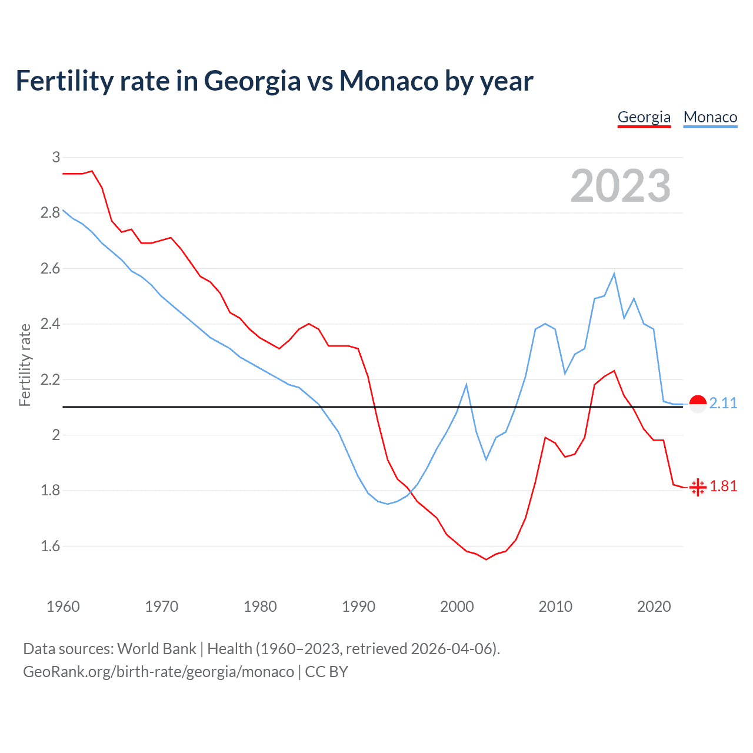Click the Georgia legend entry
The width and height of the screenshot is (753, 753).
pos(644,117)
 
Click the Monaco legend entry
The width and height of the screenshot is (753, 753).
pos(710,117)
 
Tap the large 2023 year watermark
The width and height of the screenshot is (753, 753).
pos(620,186)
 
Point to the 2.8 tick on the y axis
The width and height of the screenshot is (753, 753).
pos(51,212)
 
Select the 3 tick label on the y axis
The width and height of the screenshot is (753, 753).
pos(56,157)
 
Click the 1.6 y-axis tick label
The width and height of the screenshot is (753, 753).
pos(51,546)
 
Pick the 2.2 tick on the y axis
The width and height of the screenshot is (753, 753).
pos(51,379)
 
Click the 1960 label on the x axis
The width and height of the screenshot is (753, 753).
pos(63,607)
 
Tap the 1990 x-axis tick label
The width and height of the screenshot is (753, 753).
pos(358,607)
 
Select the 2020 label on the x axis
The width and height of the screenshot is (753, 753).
pos(654,607)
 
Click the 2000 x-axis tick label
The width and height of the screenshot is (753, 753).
pos(457,607)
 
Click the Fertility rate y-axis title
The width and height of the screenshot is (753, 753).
pos(25,365)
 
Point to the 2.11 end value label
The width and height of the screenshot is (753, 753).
pos(723,403)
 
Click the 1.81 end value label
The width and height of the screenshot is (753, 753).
pos(723,486)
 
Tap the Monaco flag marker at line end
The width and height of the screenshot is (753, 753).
pos(698,404)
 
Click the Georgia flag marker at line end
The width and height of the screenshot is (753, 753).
pos(698,487)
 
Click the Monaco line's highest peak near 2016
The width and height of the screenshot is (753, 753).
pos(614,274)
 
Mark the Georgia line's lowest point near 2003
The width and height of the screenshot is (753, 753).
pos(486,559)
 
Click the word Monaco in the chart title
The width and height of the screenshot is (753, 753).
pos(389,81)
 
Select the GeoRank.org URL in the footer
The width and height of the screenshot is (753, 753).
pos(158,672)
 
